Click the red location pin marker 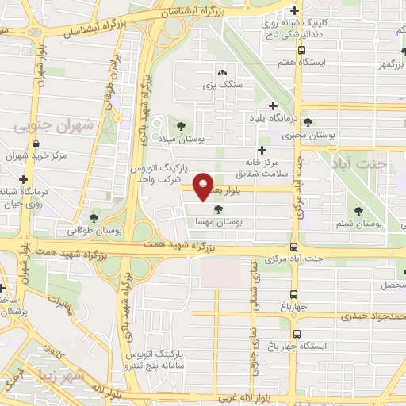(205, 186)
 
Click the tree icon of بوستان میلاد (182, 124)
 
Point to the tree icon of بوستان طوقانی (94, 217)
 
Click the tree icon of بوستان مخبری (307, 121)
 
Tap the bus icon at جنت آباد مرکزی (294, 247)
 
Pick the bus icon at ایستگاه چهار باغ (297, 334)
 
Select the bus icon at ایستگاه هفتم (294, 48)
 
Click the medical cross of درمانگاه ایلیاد (273, 105)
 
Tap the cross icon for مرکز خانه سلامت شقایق (261, 149)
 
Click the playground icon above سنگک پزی (221, 71)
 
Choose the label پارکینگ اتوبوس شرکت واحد (163, 174)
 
